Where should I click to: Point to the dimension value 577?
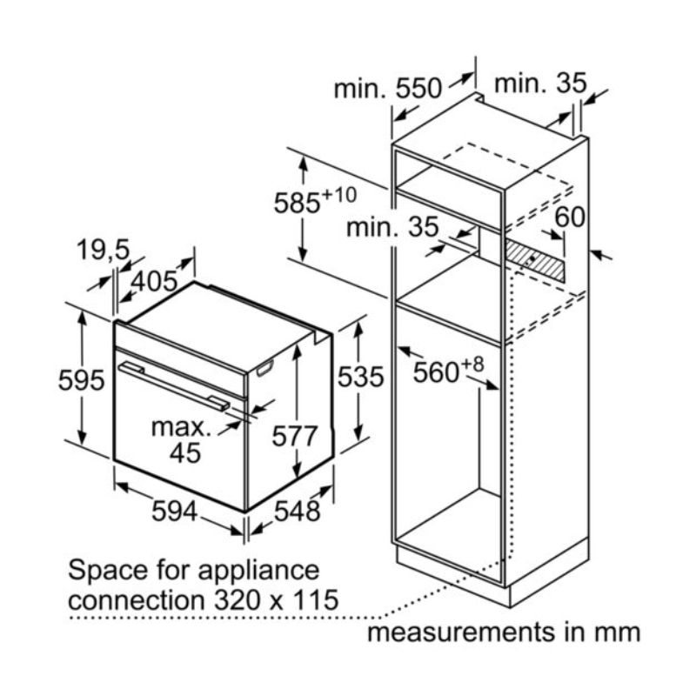coord(294,434)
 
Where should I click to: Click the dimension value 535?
coord(359,378)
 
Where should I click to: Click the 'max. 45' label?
coord(181,439)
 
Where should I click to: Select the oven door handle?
coord(174,385)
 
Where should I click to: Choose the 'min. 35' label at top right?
coord(540,83)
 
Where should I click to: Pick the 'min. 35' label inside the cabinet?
coord(391,229)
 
